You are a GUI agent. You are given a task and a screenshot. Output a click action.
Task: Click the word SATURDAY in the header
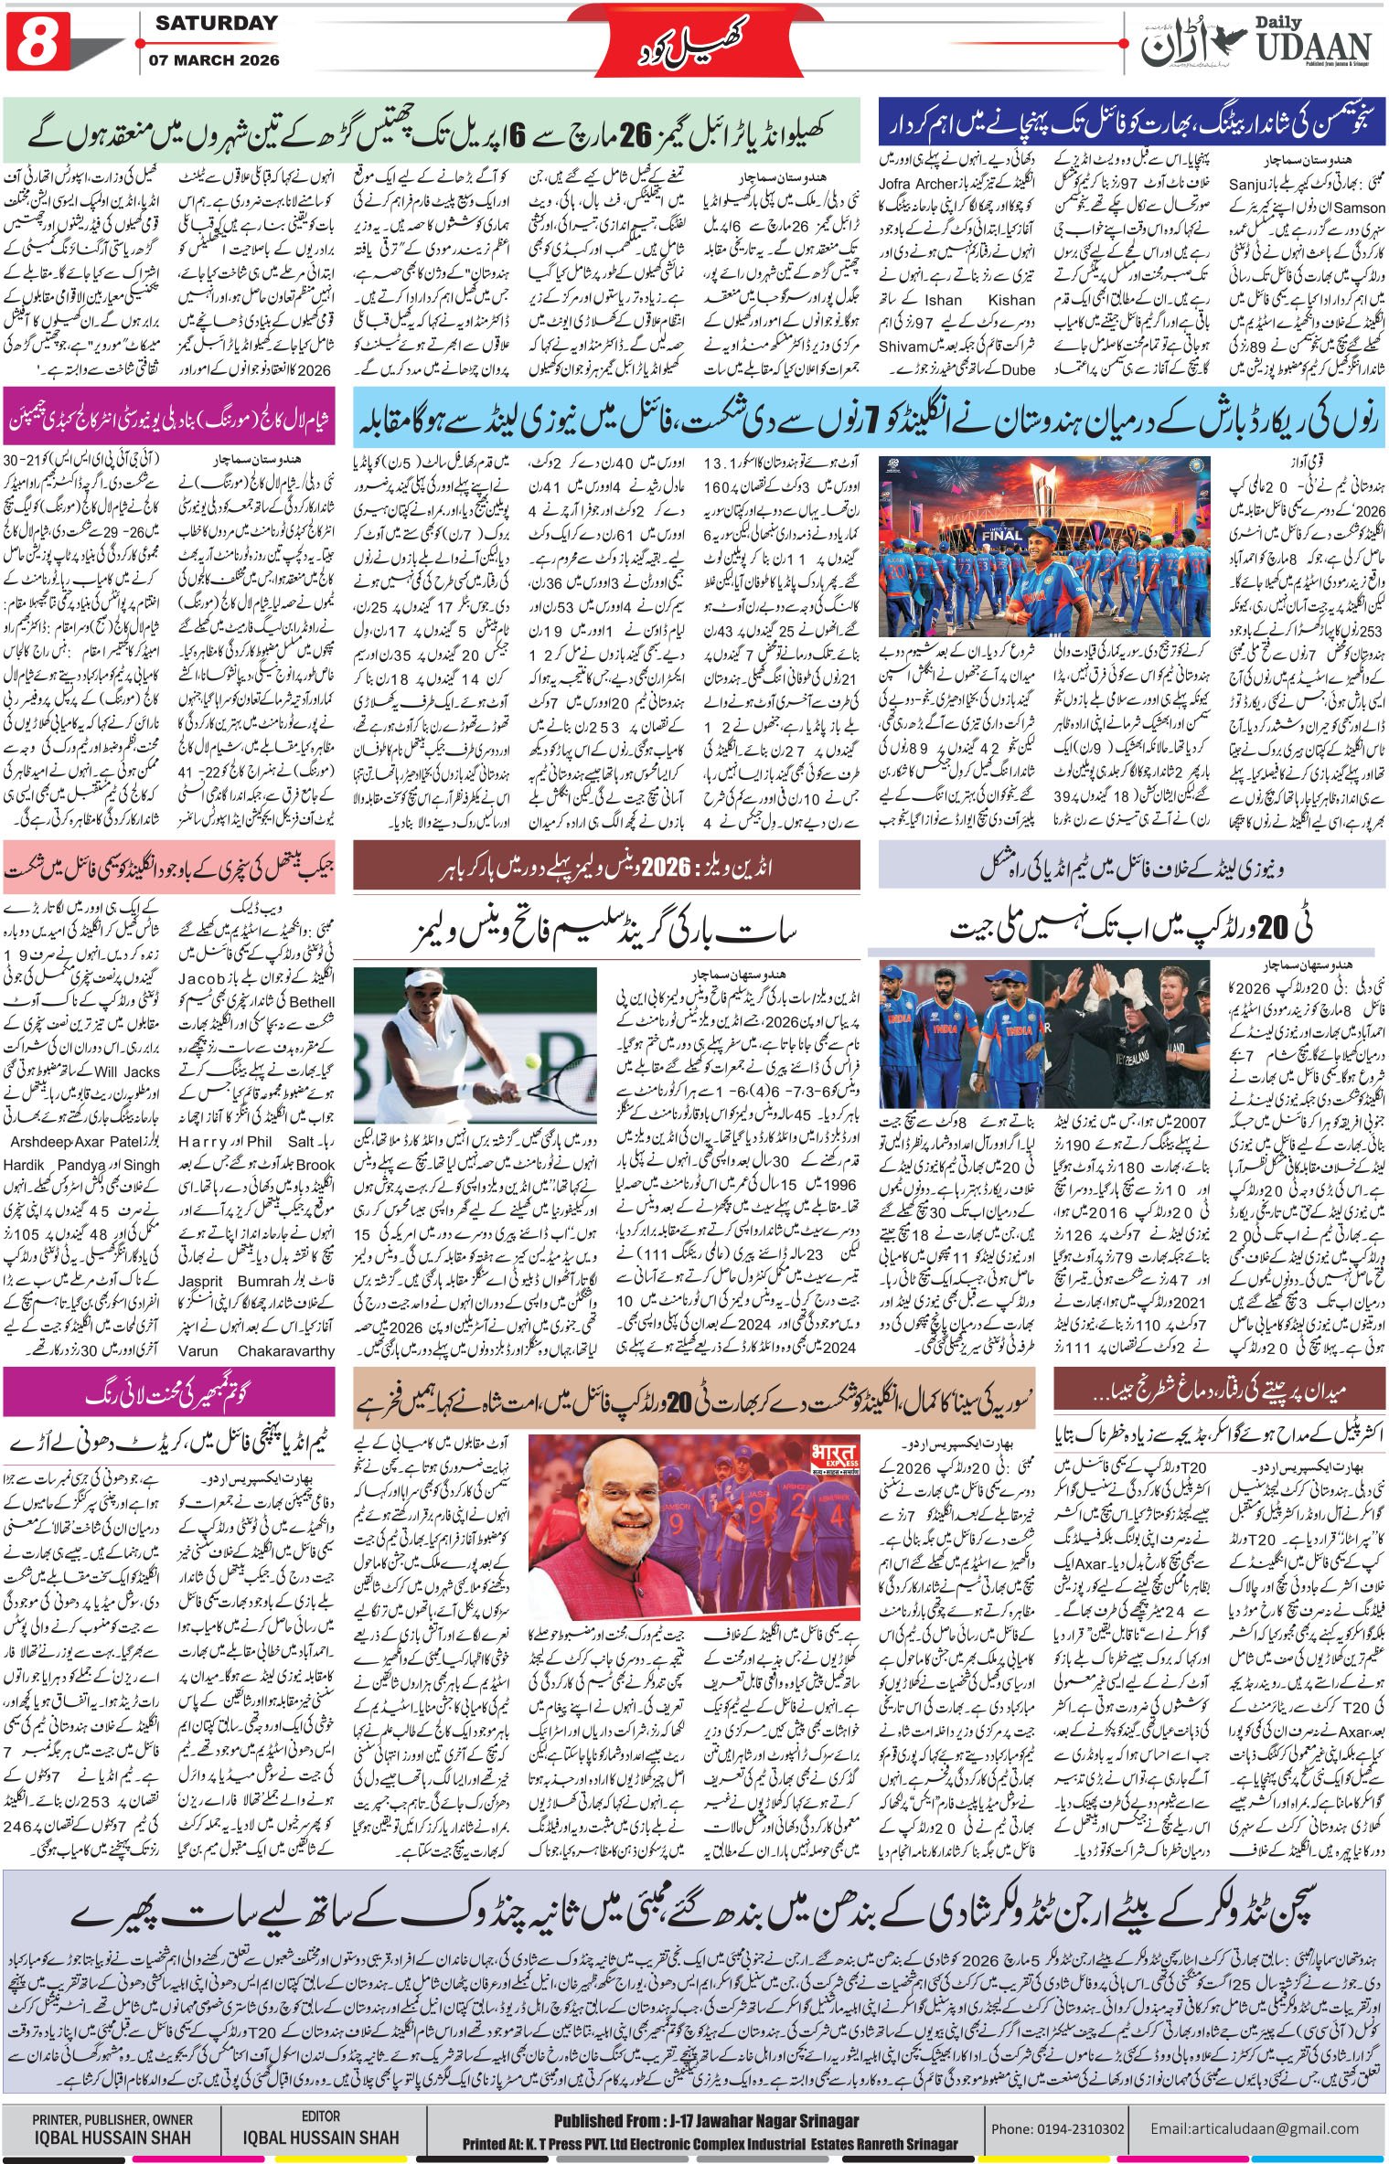(x=216, y=24)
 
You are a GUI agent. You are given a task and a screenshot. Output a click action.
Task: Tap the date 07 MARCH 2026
(x=217, y=60)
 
